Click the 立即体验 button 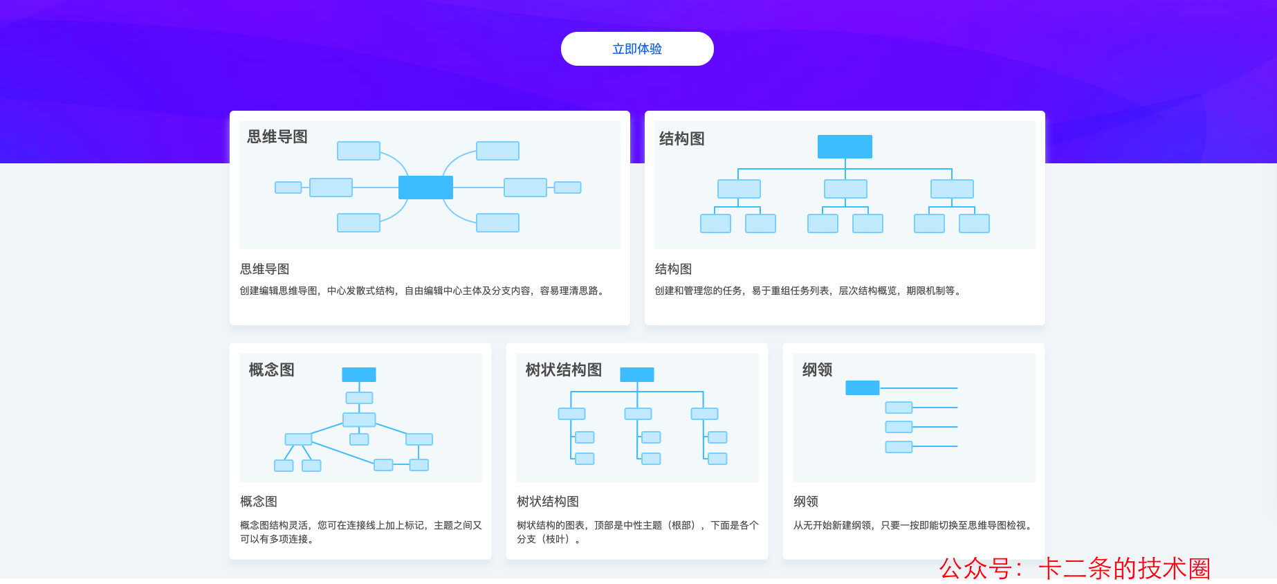tap(637, 49)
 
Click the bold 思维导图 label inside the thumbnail tap(277, 137)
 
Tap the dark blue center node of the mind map tap(425, 188)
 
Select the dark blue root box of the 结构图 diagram tap(845, 147)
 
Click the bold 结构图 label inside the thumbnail tap(681, 139)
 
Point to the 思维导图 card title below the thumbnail tap(264, 269)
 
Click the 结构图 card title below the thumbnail tap(673, 269)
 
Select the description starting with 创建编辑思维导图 tap(423, 291)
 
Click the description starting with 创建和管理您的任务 tap(808, 291)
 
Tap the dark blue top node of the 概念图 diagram tap(359, 374)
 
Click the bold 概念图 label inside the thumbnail tap(272, 370)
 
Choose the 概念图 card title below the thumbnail tap(259, 502)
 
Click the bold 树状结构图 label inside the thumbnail tap(564, 370)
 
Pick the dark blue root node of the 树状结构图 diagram tap(637, 374)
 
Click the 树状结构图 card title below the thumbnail tap(548, 502)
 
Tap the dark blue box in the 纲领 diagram tap(862, 388)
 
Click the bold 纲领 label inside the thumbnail tap(817, 370)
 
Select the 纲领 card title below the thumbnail tap(806, 502)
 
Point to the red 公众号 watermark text tap(1074, 568)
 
